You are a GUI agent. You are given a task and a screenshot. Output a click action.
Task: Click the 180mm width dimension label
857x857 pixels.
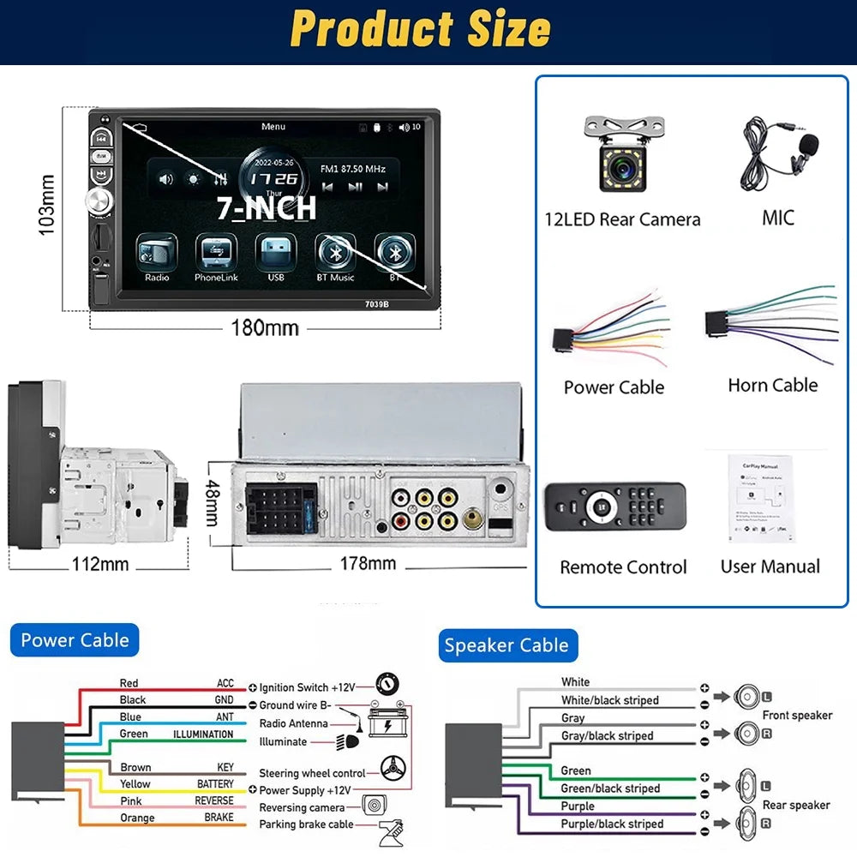pyautogui.click(x=264, y=328)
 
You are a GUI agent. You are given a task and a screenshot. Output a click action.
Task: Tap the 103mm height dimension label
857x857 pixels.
pyautogui.click(x=47, y=205)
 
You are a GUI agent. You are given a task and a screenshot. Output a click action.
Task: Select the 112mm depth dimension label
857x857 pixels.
pyautogui.click(x=101, y=564)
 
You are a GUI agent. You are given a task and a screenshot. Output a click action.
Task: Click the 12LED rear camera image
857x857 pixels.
pyautogui.click(x=622, y=154)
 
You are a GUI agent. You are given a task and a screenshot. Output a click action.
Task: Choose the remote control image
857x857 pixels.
pyautogui.click(x=614, y=512)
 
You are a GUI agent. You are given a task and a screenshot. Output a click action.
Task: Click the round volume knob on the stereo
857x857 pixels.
pyautogui.click(x=98, y=203)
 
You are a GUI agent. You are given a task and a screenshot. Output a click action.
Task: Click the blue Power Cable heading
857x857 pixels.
pyautogui.click(x=75, y=640)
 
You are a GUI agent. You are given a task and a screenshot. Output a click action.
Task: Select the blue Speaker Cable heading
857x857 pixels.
pyautogui.click(x=506, y=645)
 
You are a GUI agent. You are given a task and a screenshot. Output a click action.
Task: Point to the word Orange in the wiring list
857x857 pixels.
pyautogui.click(x=137, y=818)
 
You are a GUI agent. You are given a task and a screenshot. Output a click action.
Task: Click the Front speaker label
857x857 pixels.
pyautogui.click(x=797, y=715)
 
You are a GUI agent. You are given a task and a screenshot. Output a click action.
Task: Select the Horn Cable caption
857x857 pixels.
pyautogui.click(x=772, y=386)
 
